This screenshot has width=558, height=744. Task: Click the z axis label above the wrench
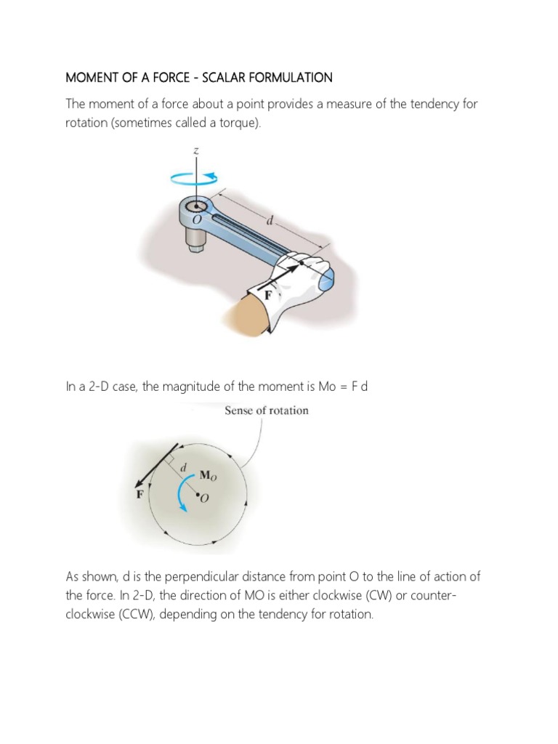[x=196, y=151]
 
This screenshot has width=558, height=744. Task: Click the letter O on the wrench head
[x=194, y=219]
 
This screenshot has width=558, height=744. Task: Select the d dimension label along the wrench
[x=269, y=222]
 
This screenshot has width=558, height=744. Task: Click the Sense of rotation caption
[x=267, y=411]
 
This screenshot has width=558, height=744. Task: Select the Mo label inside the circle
[x=208, y=477]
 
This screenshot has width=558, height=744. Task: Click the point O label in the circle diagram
[x=203, y=499]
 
